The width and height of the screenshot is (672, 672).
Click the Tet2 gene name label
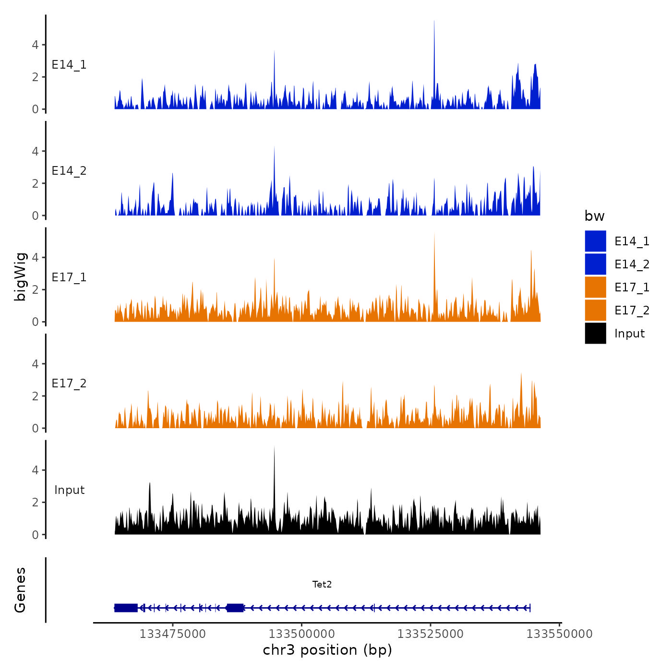click(x=322, y=584)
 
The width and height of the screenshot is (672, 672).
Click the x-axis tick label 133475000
click(x=172, y=634)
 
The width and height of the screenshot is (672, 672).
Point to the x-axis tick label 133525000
click(x=431, y=634)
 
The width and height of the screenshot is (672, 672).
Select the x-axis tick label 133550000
click(x=559, y=634)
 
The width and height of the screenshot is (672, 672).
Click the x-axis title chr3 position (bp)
click(x=327, y=650)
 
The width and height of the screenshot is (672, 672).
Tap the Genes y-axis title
click(x=20, y=590)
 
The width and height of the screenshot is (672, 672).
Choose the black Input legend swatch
click(x=595, y=333)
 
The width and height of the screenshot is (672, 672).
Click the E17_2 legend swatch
click(x=595, y=310)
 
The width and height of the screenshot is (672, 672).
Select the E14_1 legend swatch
click(x=595, y=241)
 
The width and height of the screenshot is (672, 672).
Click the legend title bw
click(x=594, y=216)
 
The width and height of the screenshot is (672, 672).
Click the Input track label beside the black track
click(x=69, y=490)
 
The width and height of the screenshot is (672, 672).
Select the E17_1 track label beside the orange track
click(x=69, y=277)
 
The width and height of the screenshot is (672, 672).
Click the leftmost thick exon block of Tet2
click(x=126, y=608)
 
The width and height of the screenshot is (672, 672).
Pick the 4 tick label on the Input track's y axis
click(x=35, y=470)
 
